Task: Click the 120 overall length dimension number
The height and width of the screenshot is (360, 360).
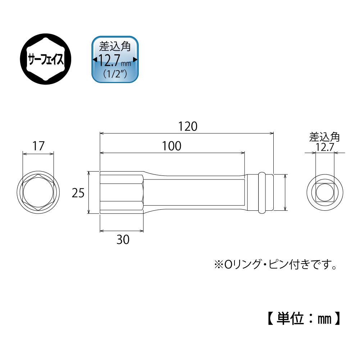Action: (188, 127)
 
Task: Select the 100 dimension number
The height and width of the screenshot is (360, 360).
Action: (172, 146)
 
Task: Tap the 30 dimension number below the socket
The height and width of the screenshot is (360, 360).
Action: (123, 240)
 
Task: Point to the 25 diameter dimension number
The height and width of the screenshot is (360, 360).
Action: (78, 193)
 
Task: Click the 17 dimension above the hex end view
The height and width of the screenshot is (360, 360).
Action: (38, 146)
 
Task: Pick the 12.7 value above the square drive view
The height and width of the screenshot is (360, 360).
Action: (325, 147)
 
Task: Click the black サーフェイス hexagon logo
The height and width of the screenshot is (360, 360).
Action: (46, 59)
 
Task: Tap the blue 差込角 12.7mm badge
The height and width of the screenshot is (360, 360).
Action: (115, 59)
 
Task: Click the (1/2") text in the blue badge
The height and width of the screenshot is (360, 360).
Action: (115, 73)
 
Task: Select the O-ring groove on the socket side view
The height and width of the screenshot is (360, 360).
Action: (261, 192)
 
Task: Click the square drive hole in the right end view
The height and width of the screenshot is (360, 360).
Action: (325, 192)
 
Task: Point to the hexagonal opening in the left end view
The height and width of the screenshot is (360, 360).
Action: (38, 192)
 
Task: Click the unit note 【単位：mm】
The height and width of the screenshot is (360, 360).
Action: (304, 318)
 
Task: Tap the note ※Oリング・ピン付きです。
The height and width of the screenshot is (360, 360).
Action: (275, 264)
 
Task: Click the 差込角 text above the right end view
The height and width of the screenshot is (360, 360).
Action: (324, 137)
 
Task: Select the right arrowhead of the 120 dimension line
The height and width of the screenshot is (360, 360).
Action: (272, 133)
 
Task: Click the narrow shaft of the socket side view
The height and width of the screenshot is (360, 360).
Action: (195, 192)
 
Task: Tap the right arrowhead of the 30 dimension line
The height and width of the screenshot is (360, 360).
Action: (141, 231)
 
